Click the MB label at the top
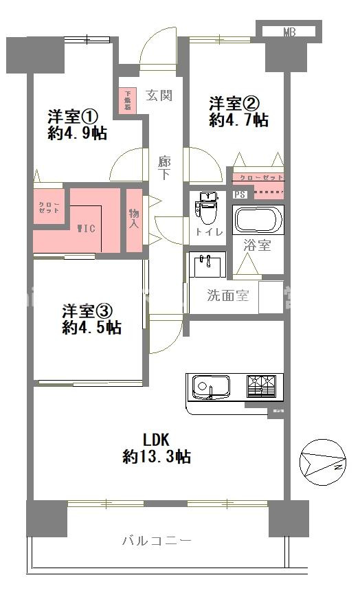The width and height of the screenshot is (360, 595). [x=289, y=32]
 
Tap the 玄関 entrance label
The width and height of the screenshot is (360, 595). [x=159, y=96]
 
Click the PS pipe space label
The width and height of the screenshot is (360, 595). [x=240, y=194]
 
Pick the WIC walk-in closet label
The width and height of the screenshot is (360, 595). [x=86, y=227]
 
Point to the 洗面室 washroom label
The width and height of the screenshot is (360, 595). [x=228, y=297]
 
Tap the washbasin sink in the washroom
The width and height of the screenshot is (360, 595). [x=206, y=265]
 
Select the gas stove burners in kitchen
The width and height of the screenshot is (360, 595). [x=265, y=385]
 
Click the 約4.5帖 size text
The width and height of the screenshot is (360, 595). [x=91, y=328]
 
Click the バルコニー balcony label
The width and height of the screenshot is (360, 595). [x=157, y=540]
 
